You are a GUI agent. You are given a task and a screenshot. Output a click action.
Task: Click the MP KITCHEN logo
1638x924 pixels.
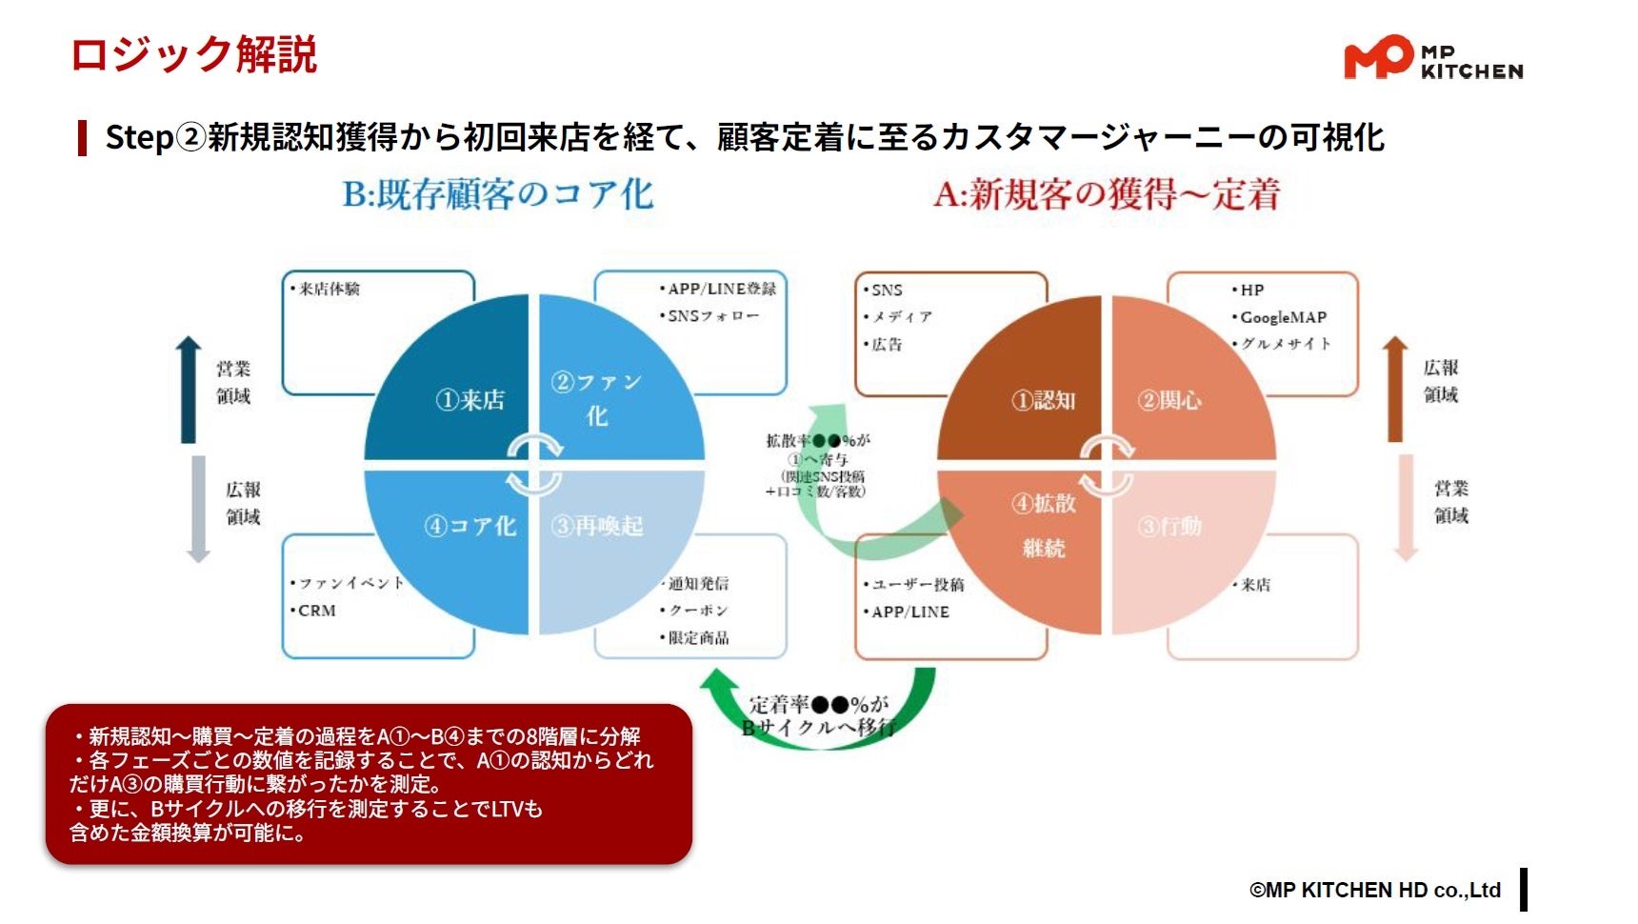click(1433, 58)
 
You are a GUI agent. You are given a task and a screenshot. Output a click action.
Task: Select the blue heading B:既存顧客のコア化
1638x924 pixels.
click(498, 194)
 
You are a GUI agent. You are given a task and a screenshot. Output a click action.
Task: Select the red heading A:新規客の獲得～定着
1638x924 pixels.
click(1107, 194)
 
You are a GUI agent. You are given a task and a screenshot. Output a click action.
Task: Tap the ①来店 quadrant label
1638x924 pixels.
click(470, 400)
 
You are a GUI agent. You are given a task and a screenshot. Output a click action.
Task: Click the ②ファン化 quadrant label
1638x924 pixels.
click(597, 398)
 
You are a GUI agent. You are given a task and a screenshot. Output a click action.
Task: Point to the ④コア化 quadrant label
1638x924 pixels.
click(470, 526)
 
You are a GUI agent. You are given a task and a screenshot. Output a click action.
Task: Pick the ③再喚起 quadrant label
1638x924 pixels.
click(597, 526)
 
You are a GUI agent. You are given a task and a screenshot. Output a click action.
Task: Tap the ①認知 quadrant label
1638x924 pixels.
click(1044, 400)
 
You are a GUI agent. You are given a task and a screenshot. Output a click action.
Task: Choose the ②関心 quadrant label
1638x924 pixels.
click(1169, 400)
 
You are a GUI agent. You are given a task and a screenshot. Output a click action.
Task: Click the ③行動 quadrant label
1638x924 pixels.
click(1169, 526)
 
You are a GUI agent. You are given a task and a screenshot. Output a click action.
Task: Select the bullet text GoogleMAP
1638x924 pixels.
click(1283, 317)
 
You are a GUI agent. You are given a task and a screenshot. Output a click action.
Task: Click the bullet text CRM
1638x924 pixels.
click(317, 611)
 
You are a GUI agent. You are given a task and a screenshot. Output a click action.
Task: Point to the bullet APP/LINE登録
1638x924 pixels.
click(722, 289)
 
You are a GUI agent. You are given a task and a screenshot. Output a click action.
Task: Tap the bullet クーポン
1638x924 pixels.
click(699, 611)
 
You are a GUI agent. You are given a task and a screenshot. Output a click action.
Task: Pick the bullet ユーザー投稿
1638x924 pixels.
click(918, 584)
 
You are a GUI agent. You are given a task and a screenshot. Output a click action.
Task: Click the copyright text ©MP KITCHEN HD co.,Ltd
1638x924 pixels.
click(1375, 890)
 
